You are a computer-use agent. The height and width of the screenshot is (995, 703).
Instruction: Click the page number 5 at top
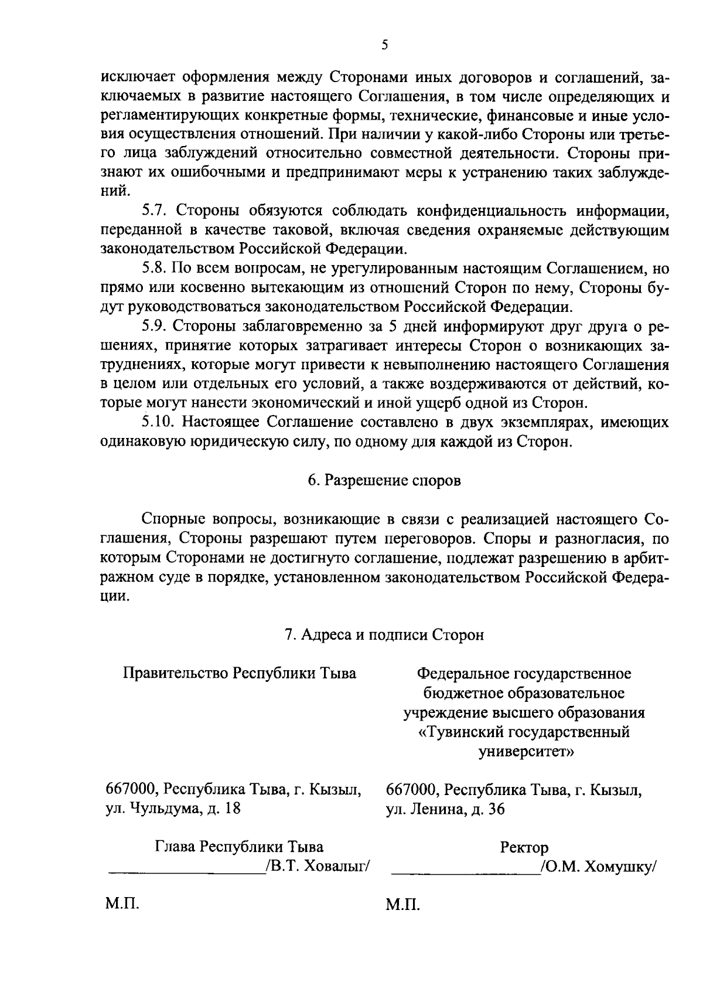384,45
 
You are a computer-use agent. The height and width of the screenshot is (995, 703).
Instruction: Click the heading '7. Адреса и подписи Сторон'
384,635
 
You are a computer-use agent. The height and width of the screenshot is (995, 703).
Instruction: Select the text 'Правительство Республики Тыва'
239,673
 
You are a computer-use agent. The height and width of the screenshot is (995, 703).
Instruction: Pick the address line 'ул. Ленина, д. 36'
445,810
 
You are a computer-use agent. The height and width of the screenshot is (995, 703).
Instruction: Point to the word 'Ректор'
524,848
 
